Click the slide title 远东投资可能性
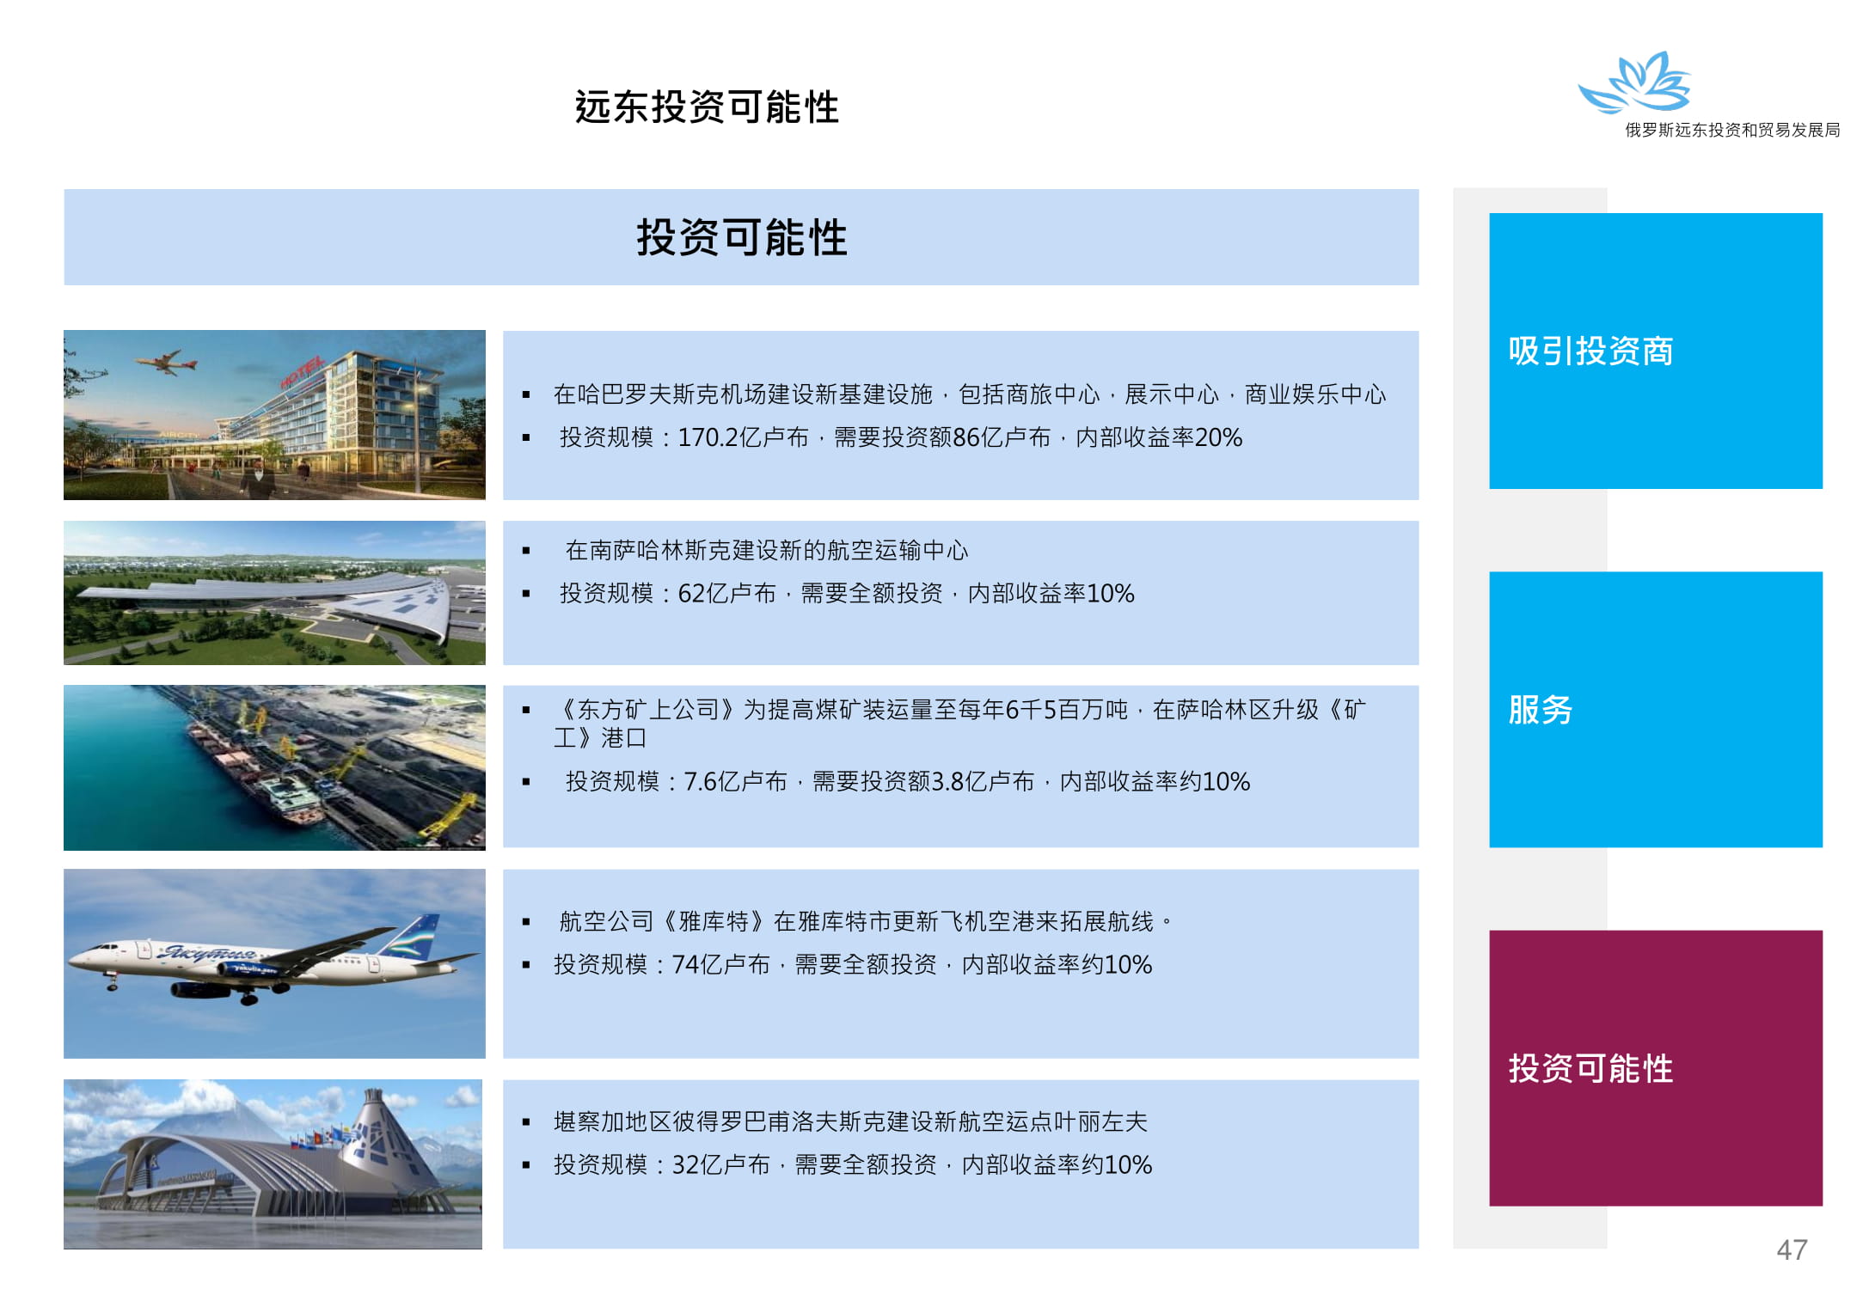click(x=707, y=107)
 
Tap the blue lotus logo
click(x=1634, y=82)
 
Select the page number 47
click(x=1793, y=1249)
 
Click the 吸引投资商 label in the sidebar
click(x=1590, y=351)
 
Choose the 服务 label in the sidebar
click(x=1541, y=710)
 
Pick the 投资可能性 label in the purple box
click(x=1590, y=1068)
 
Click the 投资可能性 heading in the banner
click(x=742, y=237)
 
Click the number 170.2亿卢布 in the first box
click(x=744, y=437)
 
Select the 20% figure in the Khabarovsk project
click(x=1218, y=437)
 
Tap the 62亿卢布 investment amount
click(x=727, y=593)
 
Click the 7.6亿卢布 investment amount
click(x=735, y=781)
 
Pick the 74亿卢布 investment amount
click(x=720, y=964)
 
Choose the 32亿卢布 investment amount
click(x=720, y=1164)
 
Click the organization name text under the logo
click(x=1732, y=130)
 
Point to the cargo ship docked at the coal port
click(x=258, y=765)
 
